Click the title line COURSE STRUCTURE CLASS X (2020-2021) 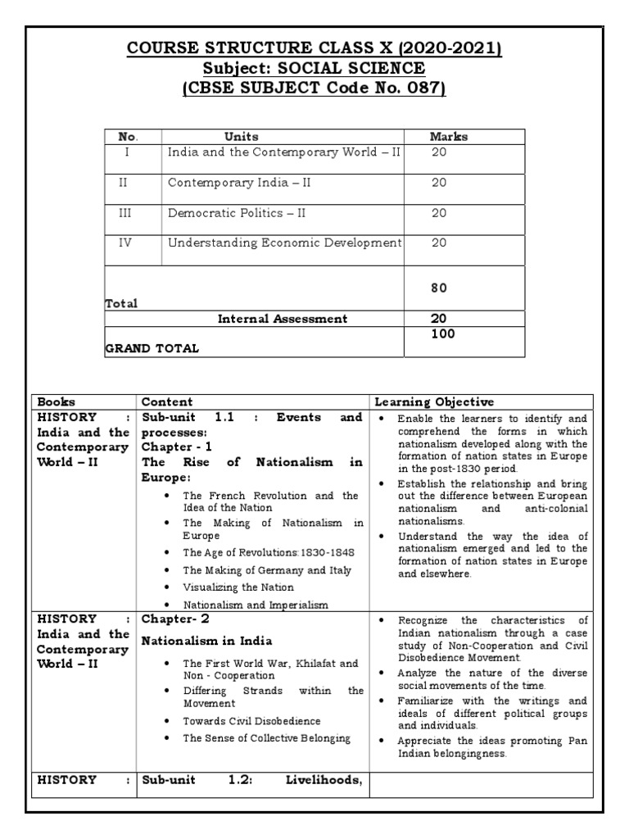[x=314, y=49]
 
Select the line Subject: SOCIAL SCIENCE [x=314, y=69]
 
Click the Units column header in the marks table [x=241, y=137]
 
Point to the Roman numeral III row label [x=123, y=213]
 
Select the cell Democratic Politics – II [x=238, y=213]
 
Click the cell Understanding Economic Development [x=284, y=243]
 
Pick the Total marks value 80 [x=439, y=288]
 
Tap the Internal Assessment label [x=282, y=319]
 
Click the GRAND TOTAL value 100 [x=443, y=334]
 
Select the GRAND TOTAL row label [x=152, y=348]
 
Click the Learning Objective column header [x=434, y=401]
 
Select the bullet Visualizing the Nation [x=238, y=587]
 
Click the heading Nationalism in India [x=206, y=641]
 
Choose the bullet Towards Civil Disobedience [x=251, y=721]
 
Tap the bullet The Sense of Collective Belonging [x=266, y=738]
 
